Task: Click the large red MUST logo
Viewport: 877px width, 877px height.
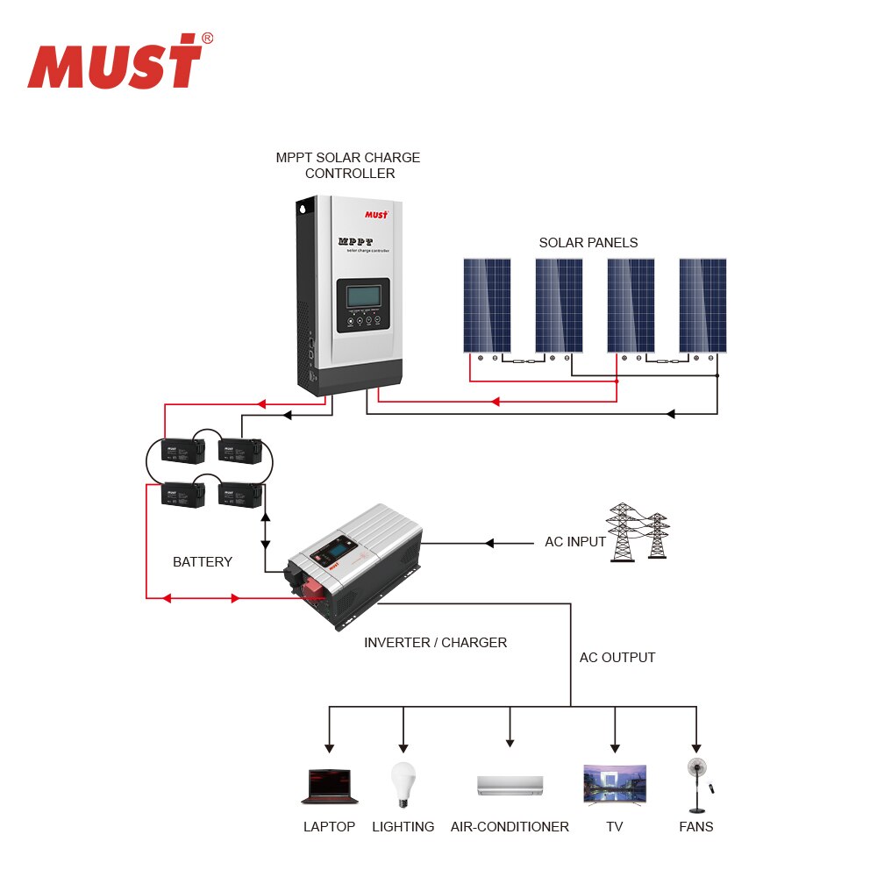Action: [x=115, y=63]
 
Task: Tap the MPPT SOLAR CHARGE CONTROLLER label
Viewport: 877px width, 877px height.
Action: [x=348, y=165]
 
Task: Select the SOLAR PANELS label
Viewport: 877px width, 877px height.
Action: [x=588, y=242]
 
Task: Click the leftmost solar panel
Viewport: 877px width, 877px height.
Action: [x=487, y=305]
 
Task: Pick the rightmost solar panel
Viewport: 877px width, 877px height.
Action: [x=702, y=305]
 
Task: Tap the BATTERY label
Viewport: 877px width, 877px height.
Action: [x=203, y=561]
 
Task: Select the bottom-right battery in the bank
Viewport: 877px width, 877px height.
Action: [x=239, y=495]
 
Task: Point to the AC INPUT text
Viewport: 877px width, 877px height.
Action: [x=575, y=542]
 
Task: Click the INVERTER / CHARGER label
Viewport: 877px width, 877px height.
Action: [x=435, y=642]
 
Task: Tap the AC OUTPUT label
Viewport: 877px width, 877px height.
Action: [x=617, y=657]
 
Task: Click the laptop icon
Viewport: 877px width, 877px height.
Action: [x=330, y=787]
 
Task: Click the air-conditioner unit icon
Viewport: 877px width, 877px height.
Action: [x=510, y=785]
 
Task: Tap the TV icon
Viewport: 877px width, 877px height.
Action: [x=615, y=784]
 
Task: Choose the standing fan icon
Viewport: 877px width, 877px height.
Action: [x=697, y=782]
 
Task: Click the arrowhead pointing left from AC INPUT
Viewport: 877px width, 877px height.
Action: [x=489, y=544]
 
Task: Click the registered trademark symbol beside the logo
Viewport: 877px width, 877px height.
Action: [x=207, y=38]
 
